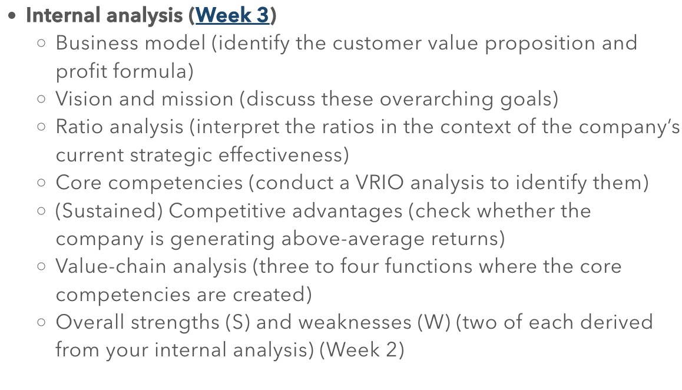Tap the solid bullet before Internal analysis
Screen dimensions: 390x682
tap(13, 16)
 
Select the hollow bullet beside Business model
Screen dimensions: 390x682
tap(41, 44)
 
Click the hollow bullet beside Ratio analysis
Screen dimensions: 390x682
tap(41, 127)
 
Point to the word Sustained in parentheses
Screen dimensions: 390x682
tap(109, 211)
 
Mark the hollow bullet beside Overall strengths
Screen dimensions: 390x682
tap(41, 322)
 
